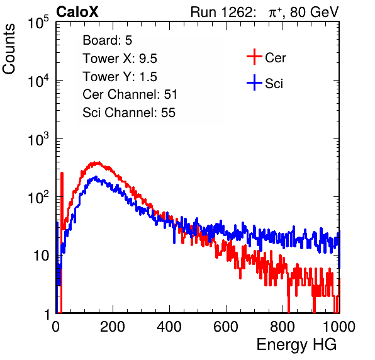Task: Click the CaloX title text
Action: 77,12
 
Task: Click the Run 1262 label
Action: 221,12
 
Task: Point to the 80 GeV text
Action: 315,12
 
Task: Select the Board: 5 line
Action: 107,40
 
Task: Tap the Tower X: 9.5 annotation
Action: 120,59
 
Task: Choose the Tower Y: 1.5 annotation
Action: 120,77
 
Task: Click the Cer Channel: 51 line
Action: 130,94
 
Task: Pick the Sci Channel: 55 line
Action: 129,113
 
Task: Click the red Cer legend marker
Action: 254,57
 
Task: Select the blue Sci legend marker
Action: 254,83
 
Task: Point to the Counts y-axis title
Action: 9,49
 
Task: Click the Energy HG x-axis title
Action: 296,345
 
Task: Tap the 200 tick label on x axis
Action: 113,327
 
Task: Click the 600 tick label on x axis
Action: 226,327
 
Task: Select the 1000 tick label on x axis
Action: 339,327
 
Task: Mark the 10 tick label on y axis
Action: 42,256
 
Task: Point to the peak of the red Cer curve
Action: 96,163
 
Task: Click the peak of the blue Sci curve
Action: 96,177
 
